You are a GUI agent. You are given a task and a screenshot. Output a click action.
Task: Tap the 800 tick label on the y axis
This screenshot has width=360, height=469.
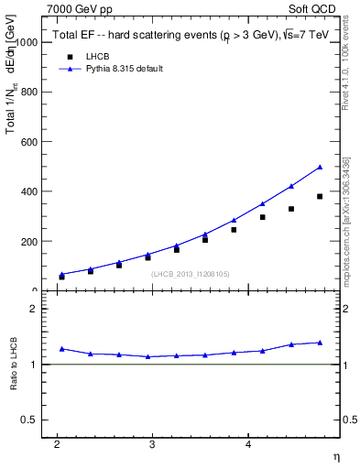(27, 92)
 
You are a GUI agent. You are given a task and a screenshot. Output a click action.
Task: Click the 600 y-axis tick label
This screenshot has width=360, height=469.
(27, 142)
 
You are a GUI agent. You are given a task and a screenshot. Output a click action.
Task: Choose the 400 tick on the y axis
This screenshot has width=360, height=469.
(27, 191)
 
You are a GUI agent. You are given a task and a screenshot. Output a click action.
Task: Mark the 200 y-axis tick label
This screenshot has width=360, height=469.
(27, 241)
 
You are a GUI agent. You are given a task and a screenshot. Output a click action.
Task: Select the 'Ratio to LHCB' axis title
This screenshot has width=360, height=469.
(14, 364)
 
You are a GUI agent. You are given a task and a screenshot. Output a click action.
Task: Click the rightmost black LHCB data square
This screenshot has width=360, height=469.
(320, 197)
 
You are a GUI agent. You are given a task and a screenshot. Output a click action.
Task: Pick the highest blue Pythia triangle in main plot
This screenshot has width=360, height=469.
(320, 167)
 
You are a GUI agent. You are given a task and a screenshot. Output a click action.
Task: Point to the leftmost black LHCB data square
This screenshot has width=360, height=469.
(61, 277)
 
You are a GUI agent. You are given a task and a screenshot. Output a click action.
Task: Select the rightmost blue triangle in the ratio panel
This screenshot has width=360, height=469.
(320, 343)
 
